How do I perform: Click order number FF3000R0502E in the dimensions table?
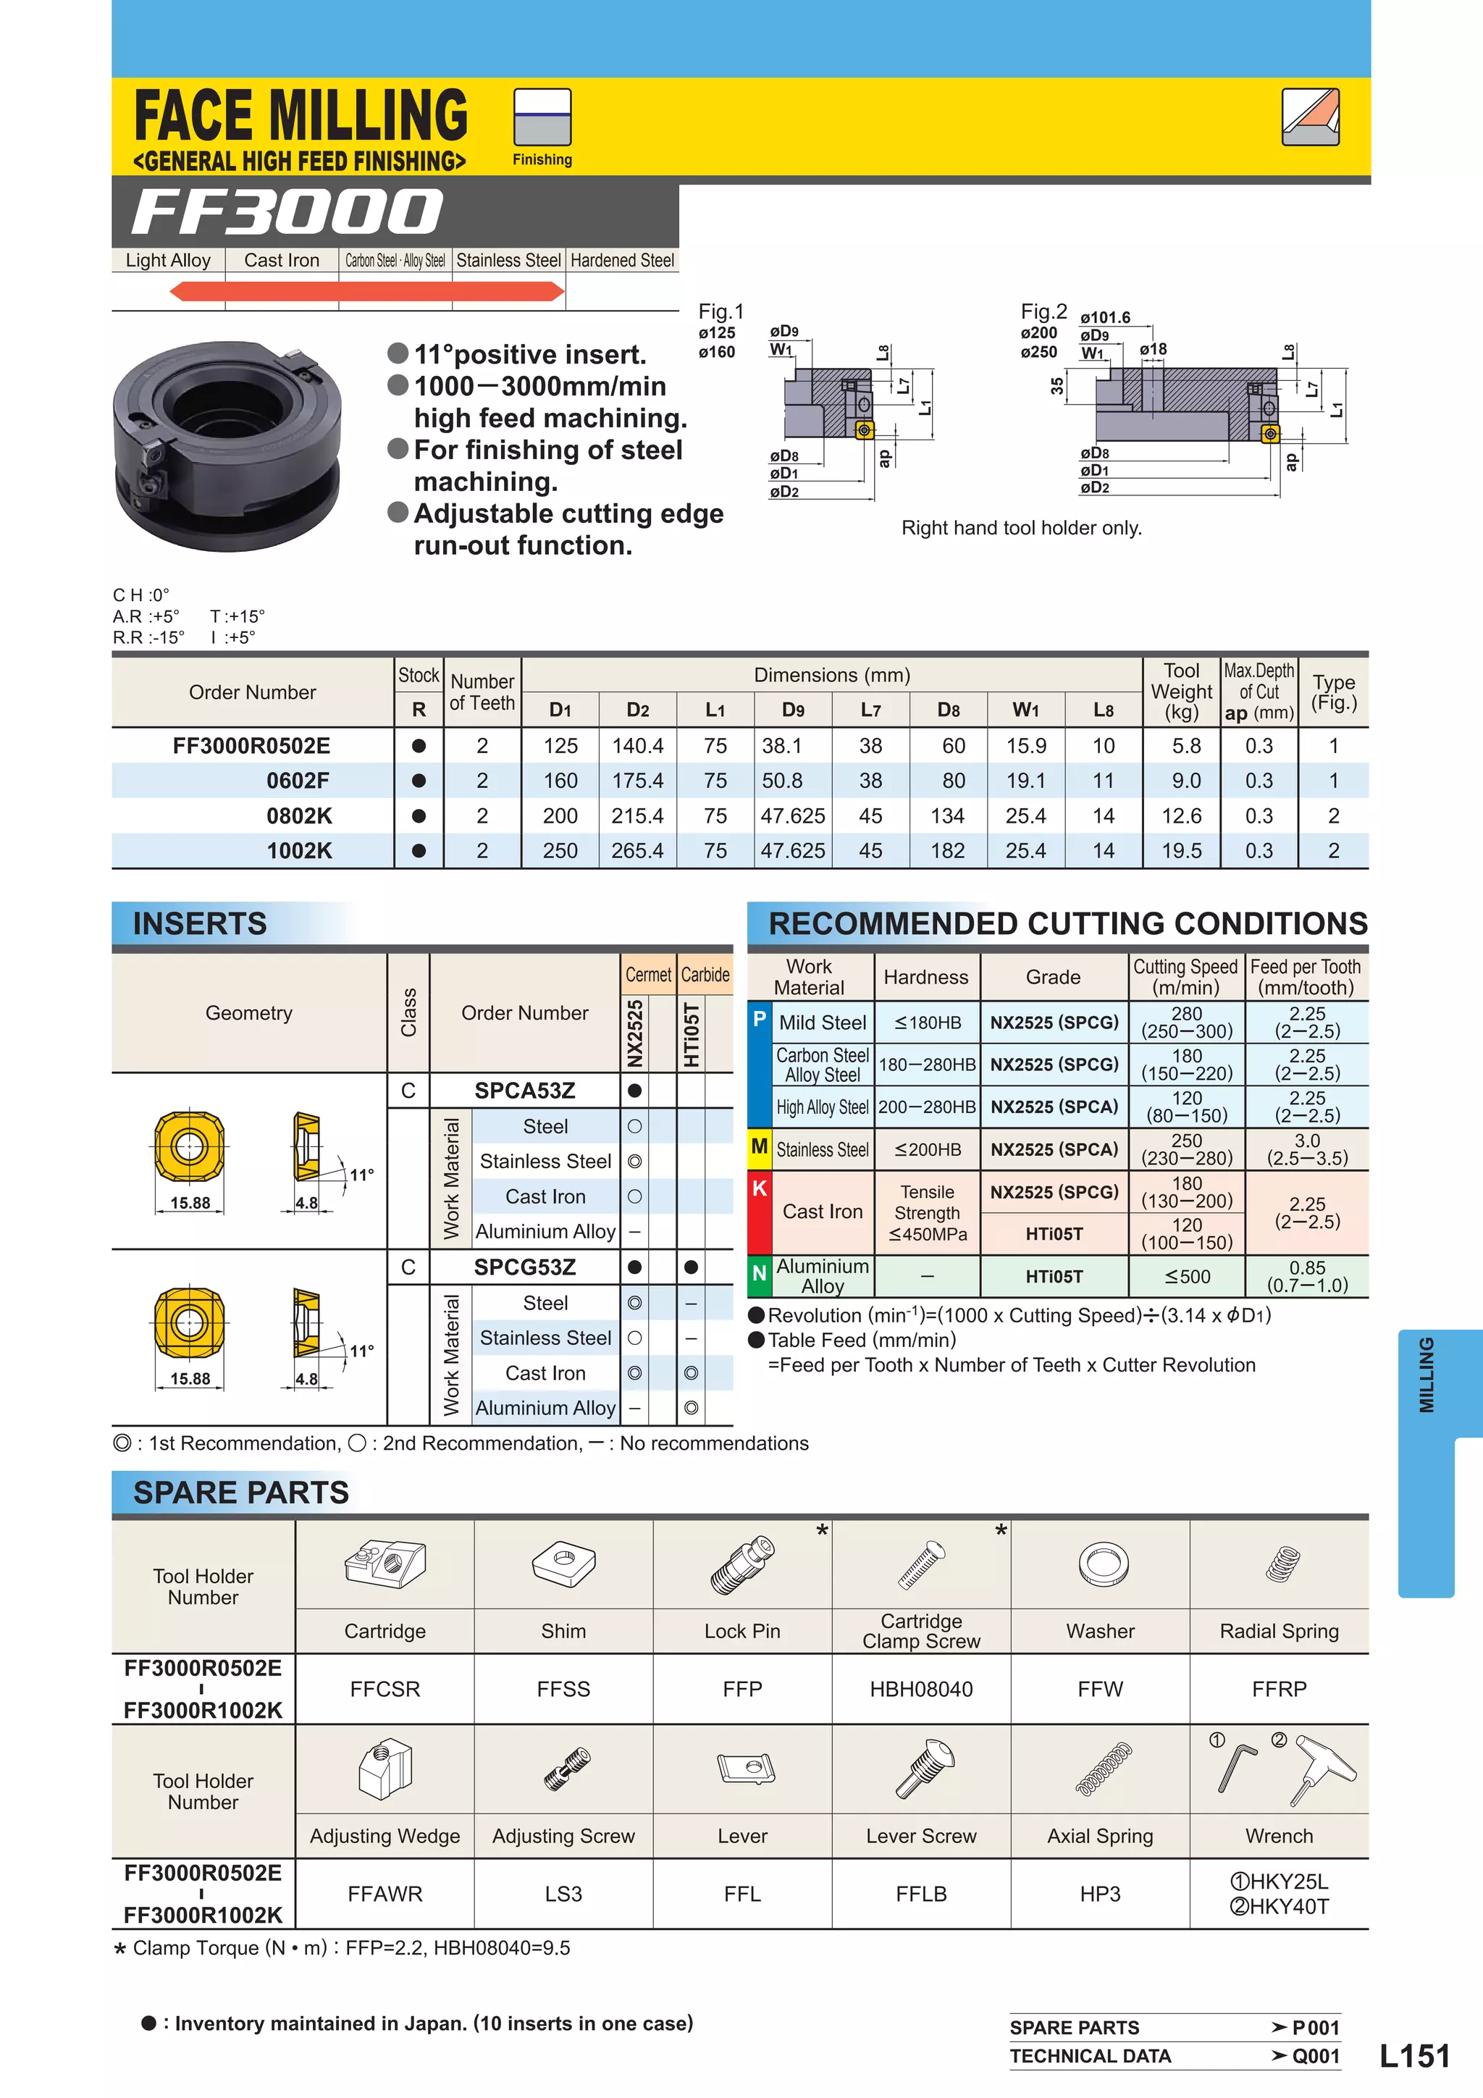click(251, 746)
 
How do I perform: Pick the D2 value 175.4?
click(637, 781)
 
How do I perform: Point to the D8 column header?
click(948, 710)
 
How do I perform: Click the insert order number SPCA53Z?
click(524, 1091)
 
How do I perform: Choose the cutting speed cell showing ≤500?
click(1187, 1277)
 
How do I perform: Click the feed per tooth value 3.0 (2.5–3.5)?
click(1306, 1149)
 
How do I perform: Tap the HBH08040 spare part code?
click(921, 1690)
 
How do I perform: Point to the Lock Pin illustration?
click(742, 1565)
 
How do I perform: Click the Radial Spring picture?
click(1282, 1564)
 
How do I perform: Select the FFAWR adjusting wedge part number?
click(385, 1895)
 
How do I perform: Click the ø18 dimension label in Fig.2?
click(1153, 349)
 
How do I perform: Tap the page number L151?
click(1413, 2056)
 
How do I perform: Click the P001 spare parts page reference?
click(1315, 2028)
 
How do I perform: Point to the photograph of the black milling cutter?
click(227, 446)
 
